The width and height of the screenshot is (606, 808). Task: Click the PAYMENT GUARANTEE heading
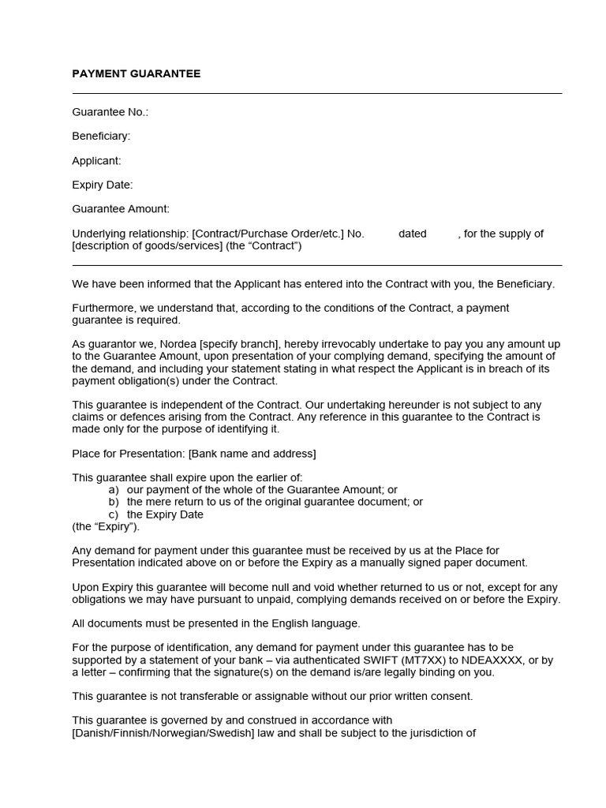coord(137,73)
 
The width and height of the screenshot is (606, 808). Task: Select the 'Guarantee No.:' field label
coord(110,112)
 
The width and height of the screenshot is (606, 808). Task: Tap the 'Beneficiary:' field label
coord(101,136)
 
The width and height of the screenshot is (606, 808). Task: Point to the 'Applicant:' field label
coord(96,160)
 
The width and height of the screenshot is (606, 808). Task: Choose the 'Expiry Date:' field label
coord(103,185)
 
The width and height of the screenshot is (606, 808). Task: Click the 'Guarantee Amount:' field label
coord(121,209)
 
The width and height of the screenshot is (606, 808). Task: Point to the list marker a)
coord(114,490)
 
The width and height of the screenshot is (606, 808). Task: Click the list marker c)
coord(114,514)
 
